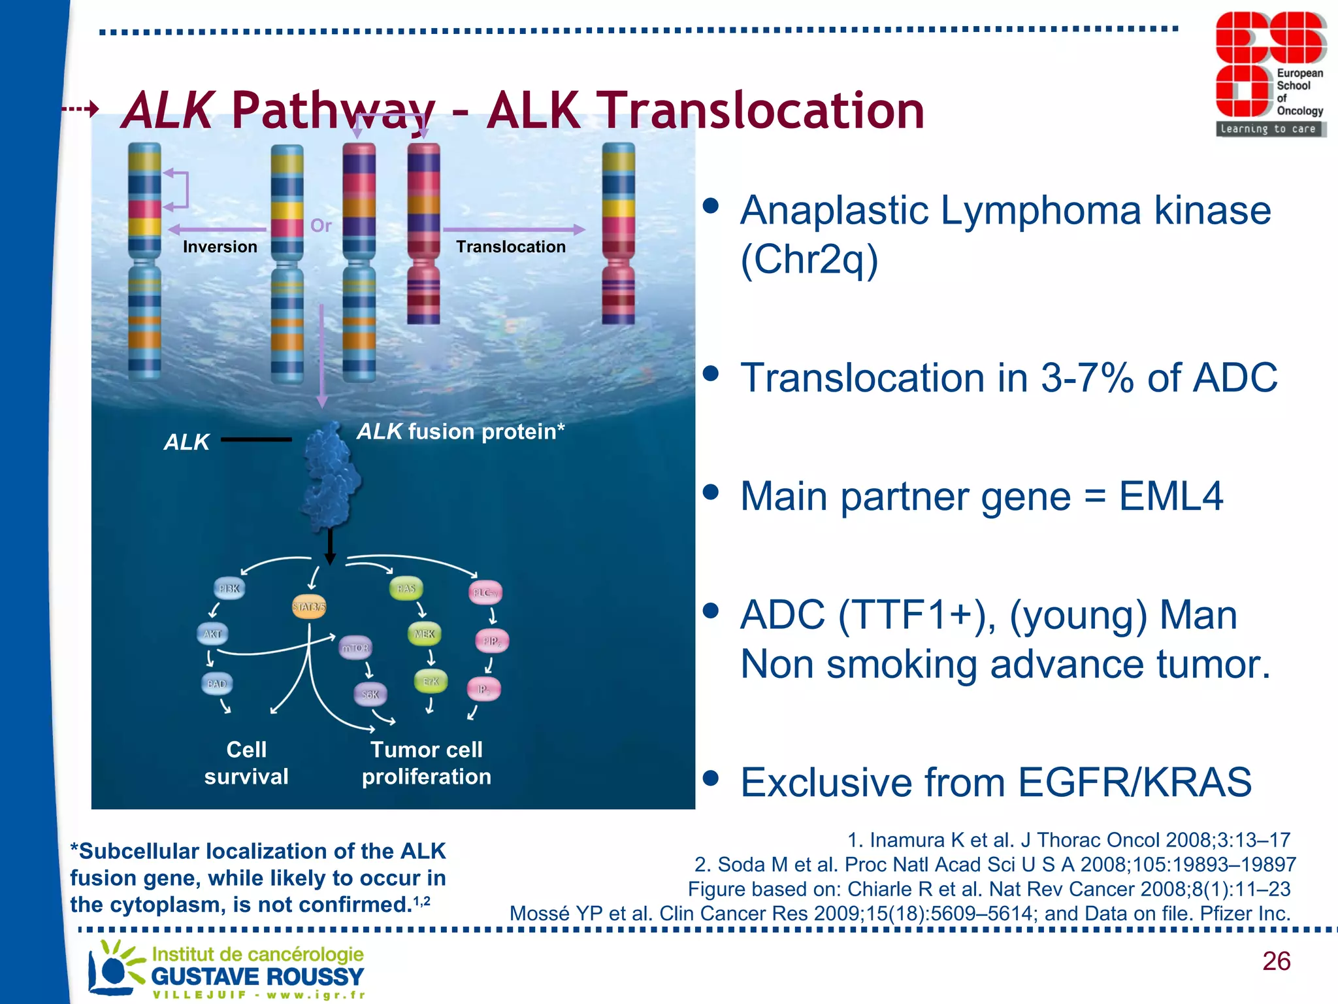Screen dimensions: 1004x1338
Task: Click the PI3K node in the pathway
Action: (x=229, y=588)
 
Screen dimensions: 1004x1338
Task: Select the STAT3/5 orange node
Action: (x=308, y=607)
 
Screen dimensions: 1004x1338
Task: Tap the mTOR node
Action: (x=355, y=648)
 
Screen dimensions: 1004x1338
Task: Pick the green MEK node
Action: (x=424, y=633)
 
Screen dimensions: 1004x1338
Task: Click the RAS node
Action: (x=406, y=588)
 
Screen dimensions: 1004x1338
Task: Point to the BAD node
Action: (x=216, y=684)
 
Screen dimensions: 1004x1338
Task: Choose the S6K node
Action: (x=370, y=694)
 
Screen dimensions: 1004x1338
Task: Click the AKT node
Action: (x=212, y=633)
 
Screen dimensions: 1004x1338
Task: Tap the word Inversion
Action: (x=220, y=246)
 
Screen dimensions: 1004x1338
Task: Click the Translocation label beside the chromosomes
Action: (x=510, y=246)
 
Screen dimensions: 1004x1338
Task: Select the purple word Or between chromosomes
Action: (x=321, y=226)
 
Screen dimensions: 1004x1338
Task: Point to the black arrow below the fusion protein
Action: (x=330, y=546)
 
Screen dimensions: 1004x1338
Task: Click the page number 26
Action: (x=1276, y=961)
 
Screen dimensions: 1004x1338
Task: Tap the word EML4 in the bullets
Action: (x=1170, y=496)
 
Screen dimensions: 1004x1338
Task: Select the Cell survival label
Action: (x=246, y=763)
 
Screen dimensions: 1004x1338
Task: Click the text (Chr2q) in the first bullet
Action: (x=809, y=259)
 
